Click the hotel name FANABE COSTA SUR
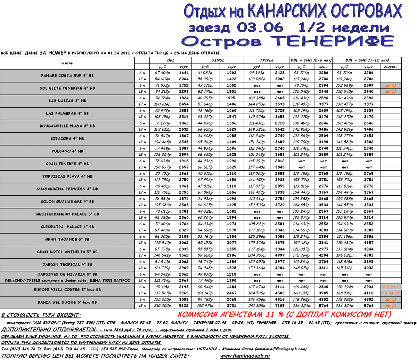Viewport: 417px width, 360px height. coord(67,75)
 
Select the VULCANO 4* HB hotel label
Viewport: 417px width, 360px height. coord(67,151)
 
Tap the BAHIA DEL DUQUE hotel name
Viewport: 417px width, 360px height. coord(67,302)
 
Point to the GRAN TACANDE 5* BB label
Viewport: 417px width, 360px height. coord(67,239)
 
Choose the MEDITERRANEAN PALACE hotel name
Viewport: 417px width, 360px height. coord(67,214)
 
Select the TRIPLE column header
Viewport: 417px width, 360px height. coord(267,60)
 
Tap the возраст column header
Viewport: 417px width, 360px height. coord(391,66)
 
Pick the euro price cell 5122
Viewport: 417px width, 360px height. coord(184,306)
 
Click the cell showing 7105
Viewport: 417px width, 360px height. coord(279,306)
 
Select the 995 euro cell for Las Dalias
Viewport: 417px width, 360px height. coord(231,98)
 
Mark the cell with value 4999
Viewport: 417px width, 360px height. coord(279,255)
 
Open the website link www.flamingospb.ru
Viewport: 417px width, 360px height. coord(245,356)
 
